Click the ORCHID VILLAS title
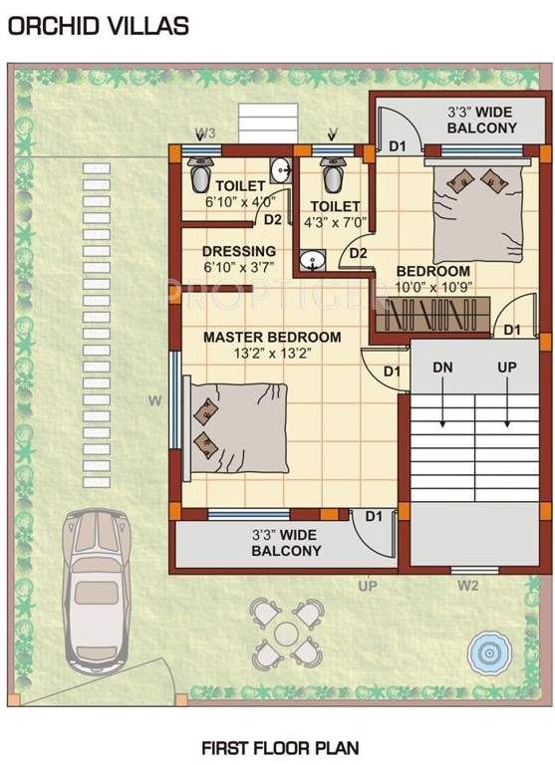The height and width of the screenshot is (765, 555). (98, 26)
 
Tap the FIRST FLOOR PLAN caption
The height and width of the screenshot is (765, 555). (280, 746)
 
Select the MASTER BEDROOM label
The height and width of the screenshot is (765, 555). (272, 337)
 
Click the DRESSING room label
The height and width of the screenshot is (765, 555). (239, 251)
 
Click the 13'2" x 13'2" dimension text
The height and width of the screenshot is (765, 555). (272, 354)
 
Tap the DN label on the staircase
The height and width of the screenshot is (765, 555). (443, 368)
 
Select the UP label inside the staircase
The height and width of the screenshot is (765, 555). (507, 368)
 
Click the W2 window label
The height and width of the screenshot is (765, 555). (468, 586)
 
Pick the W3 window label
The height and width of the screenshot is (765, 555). (205, 131)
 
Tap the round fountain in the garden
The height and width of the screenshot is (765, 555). (489, 652)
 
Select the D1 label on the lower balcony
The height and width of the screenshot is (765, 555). (374, 516)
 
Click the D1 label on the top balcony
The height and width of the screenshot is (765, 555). (399, 146)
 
